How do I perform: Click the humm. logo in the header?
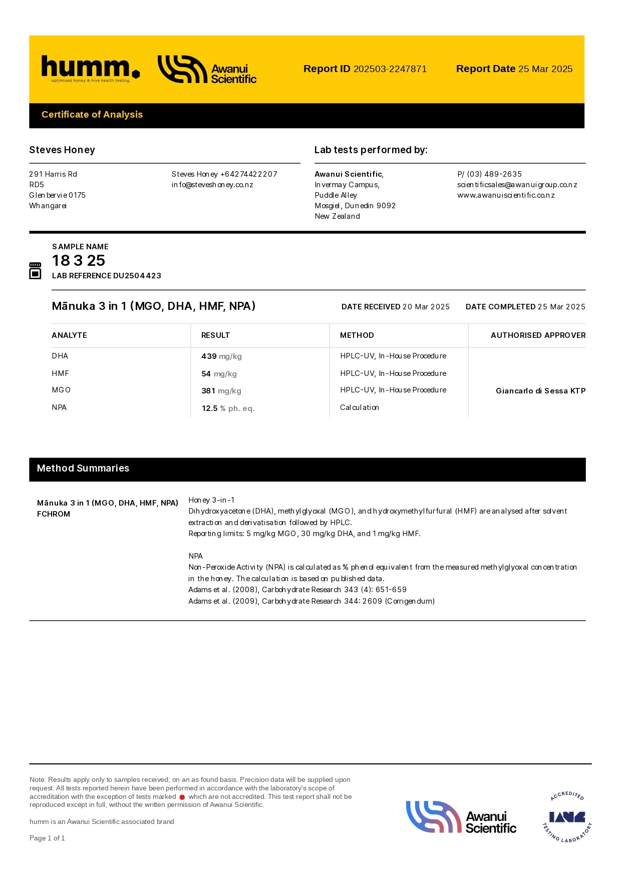pos(90,69)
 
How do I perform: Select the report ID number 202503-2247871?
pos(390,69)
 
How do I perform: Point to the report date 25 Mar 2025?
pos(545,69)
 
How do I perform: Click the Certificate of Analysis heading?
pos(92,115)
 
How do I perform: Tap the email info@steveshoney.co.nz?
pos(212,185)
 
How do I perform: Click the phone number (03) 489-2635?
pos(494,174)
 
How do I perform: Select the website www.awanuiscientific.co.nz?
pos(506,195)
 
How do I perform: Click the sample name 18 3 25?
pos(79,260)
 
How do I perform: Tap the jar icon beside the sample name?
pos(35,270)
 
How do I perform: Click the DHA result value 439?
pos(209,356)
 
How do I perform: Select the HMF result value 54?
pos(206,374)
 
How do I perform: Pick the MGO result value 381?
pos(208,391)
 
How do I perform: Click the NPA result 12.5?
pos(209,408)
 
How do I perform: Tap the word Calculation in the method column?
pos(360,407)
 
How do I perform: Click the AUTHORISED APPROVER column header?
pos(538,335)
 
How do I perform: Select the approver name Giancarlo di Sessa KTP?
pos(540,391)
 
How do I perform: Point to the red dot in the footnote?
pos(182,797)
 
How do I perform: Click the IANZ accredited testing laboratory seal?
pos(567,817)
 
